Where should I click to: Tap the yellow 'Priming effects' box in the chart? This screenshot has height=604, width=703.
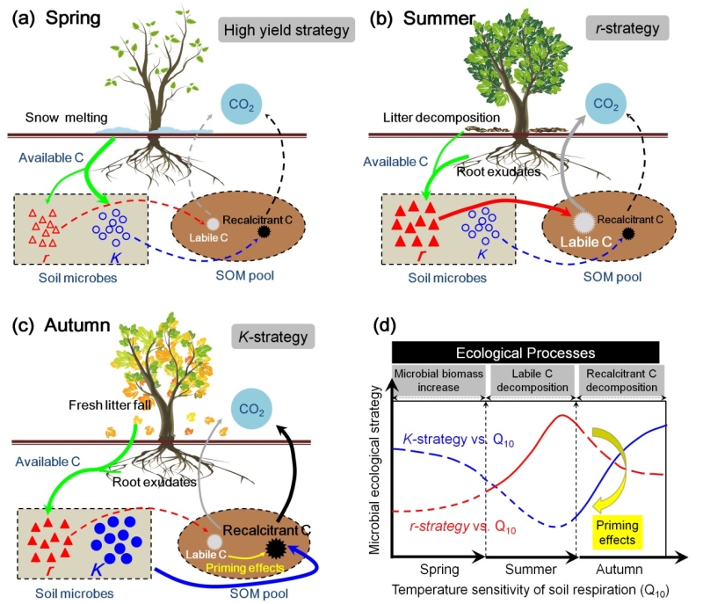(x=614, y=533)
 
